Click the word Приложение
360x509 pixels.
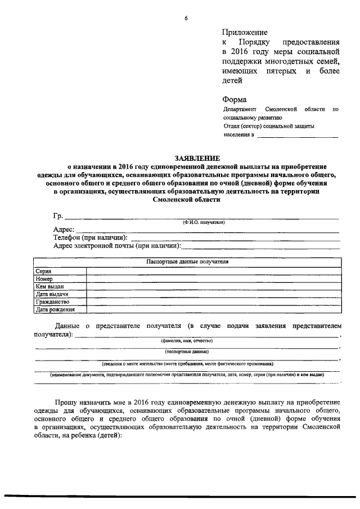(x=245, y=32)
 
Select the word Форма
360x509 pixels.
(x=235, y=100)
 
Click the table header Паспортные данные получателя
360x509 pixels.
(x=187, y=262)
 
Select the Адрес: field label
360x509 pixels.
(x=64, y=229)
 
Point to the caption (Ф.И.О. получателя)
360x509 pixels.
(x=203, y=222)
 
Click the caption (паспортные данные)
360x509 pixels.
(x=187, y=352)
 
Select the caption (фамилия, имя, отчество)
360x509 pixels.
(x=187, y=340)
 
